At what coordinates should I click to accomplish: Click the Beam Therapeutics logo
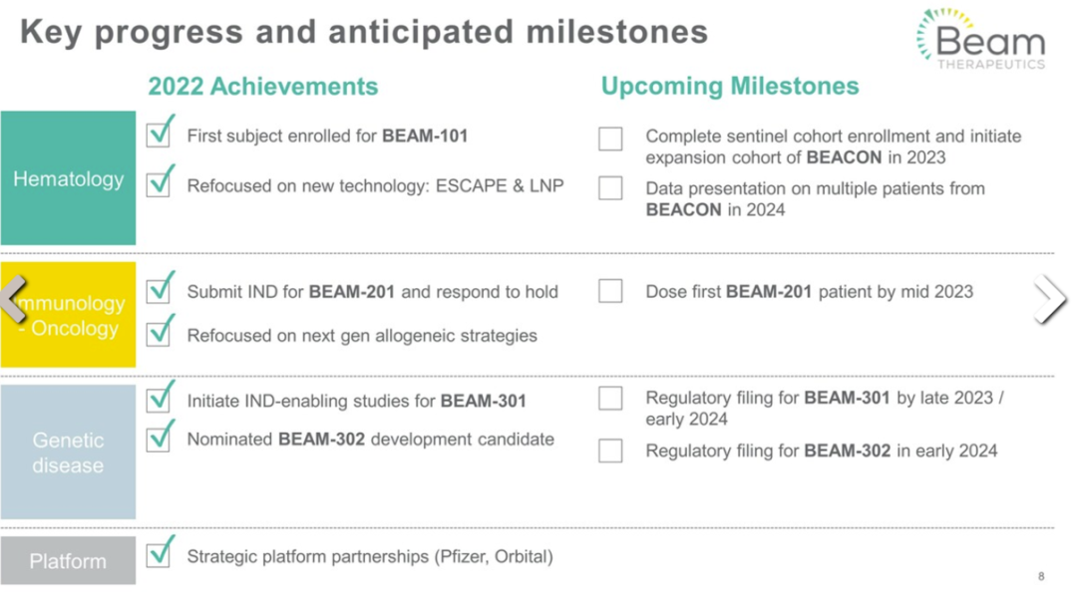tap(981, 39)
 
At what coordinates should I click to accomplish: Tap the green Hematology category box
tap(68, 177)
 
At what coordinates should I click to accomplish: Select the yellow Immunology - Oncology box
tap(68, 315)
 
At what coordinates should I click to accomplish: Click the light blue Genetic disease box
tap(68, 451)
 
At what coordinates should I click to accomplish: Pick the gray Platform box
tap(68, 561)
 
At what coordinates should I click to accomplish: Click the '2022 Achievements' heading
tap(263, 87)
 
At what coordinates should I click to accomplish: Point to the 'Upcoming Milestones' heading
tap(730, 86)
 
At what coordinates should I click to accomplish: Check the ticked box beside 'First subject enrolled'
tap(160, 132)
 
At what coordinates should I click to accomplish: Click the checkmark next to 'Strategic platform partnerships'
tap(160, 551)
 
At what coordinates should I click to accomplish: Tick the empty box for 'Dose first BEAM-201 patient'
tap(610, 291)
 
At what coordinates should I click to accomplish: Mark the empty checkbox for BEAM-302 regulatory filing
tap(610, 450)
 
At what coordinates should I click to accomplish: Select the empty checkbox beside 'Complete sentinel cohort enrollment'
tap(610, 138)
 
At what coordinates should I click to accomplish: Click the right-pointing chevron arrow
tap(1051, 299)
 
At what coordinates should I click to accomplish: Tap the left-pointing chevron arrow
tap(14, 299)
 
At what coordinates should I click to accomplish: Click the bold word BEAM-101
tap(425, 136)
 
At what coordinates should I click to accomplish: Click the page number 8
tap(1041, 576)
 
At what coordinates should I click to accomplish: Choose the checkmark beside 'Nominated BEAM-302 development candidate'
tap(160, 435)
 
